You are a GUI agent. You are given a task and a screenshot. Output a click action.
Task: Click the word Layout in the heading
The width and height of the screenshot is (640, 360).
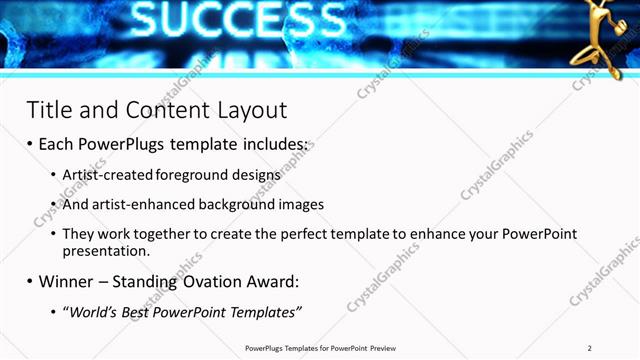(251, 109)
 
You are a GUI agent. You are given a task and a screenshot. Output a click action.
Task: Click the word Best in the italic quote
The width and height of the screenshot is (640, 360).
(141, 312)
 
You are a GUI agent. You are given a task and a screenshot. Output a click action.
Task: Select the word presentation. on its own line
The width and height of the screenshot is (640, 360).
(106, 251)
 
